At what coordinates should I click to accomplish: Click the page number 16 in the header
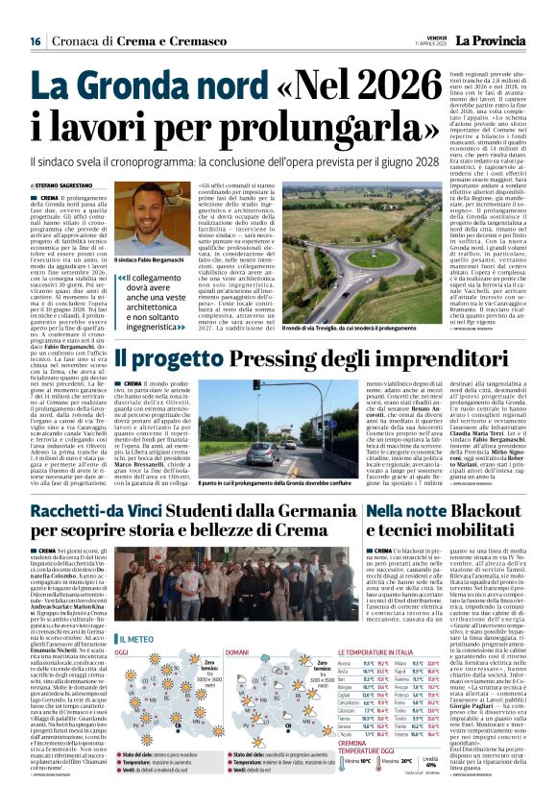click(35, 40)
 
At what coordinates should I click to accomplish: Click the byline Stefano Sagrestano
click(62, 184)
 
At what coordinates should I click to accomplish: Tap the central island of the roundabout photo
click(348, 258)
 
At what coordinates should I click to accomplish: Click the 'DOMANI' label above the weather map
click(236, 652)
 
